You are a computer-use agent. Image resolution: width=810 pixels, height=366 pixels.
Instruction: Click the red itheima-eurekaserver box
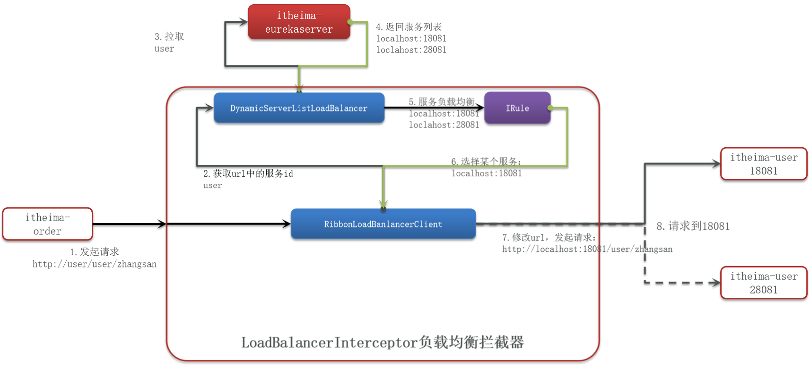pyautogui.click(x=299, y=22)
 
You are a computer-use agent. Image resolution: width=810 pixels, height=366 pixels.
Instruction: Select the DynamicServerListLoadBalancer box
pyautogui.click(x=299, y=108)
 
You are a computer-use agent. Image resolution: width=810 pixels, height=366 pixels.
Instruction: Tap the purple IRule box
pyautogui.click(x=517, y=108)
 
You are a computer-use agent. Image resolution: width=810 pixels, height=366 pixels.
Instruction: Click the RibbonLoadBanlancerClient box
pyautogui.click(x=383, y=224)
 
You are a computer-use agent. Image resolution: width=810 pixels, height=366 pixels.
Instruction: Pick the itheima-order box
pyautogui.click(x=47, y=224)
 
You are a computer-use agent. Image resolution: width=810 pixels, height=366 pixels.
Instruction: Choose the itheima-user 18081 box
pyautogui.click(x=764, y=164)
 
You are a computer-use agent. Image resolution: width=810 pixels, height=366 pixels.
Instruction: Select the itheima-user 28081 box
pyautogui.click(x=764, y=283)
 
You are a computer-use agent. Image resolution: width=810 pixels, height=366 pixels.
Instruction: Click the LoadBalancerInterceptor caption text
pyautogui.click(x=383, y=342)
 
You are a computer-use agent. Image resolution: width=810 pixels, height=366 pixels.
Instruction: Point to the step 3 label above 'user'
pyautogui.click(x=169, y=36)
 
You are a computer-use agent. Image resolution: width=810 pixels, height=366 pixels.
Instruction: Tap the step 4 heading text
pyautogui.click(x=409, y=27)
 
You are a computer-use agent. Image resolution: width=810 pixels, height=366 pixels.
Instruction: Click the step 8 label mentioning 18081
pyautogui.click(x=693, y=226)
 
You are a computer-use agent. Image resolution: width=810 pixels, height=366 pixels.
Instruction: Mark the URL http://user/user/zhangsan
pyautogui.click(x=95, y=264)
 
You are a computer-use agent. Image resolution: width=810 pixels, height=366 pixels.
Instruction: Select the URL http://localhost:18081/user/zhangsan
pyautogui.click(x=587, y=249)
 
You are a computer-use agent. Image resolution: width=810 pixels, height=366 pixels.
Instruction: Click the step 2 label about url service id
pyautogui.click(x=248, y=174)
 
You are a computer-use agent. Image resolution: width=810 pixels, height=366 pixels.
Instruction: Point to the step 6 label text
pyautogui.click(x=486, y=161)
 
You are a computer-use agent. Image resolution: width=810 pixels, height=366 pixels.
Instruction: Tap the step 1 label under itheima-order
pyautogui.click(x=95, y=252)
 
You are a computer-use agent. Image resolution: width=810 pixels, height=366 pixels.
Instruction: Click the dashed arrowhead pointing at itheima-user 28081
pyautogui.click(x=715, y=283)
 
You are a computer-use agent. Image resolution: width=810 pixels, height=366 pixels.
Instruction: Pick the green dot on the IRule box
pyautogui.click(x=550, y=108)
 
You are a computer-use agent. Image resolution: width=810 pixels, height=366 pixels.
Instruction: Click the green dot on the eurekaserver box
pyautogui.click(x=350, y=22)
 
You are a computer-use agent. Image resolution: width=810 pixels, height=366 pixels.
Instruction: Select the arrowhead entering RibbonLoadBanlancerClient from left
pyautogui.click(x=287, y=224)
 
